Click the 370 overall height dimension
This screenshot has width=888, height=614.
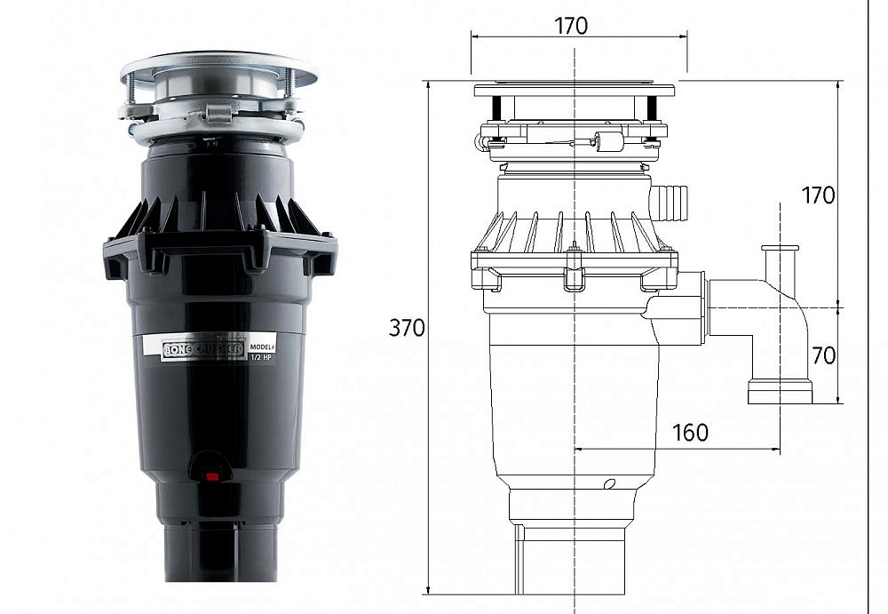pos(407,328)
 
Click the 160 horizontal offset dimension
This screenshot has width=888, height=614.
pos(690,433)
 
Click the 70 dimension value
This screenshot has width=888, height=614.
pos(823,355)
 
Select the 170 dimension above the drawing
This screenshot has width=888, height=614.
pos(571,26)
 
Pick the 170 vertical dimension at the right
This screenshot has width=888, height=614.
pos(818,195)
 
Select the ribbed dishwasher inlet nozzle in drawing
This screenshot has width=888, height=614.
pos(670,203)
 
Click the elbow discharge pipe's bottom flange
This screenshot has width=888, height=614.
pos(780,392)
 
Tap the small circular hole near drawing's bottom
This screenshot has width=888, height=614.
pos(609,484)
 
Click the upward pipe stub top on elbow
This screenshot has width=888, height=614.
pos(780,249)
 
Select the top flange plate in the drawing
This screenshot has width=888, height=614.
pos(574,90)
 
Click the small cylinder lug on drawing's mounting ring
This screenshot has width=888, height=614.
pos(609,141)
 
